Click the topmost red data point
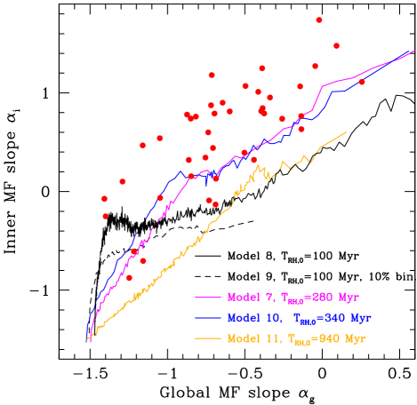pos(319,20)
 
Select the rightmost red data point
pos(361,82)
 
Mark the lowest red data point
pos(130,278)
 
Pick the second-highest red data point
pos(336,45)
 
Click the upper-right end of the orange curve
pos(346,132)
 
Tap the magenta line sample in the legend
pos(208,298)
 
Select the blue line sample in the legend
pos(208,318)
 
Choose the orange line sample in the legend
pos(208,338)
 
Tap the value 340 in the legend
pos(333,318)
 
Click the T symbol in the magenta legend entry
pos(285,298)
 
